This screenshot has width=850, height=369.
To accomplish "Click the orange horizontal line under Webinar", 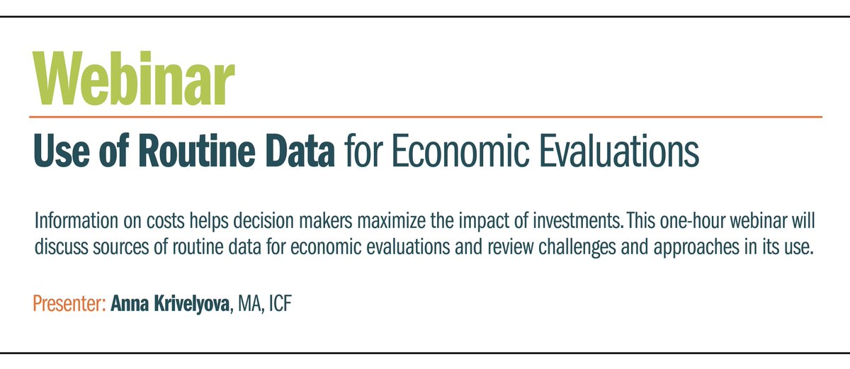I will [425, 115].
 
